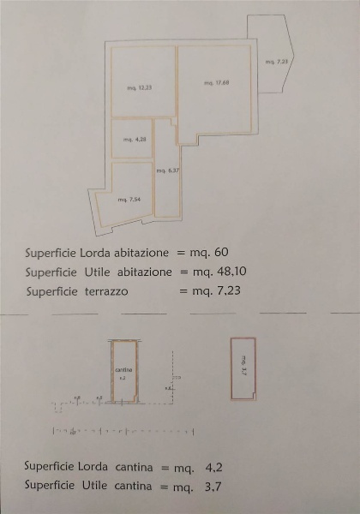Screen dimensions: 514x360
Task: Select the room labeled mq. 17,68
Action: [x=215, y=82]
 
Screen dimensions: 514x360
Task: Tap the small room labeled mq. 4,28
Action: [x=129, y=139]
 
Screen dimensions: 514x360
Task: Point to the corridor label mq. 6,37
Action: [x=167, y=170]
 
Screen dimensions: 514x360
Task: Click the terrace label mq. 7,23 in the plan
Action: [x=276, y=62]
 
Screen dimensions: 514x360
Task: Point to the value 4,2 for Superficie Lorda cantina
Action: [x=214, y=468]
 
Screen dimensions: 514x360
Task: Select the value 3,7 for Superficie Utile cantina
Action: [x=214, y=486]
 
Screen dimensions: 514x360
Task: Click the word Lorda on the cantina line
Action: [x=99, y=468]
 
